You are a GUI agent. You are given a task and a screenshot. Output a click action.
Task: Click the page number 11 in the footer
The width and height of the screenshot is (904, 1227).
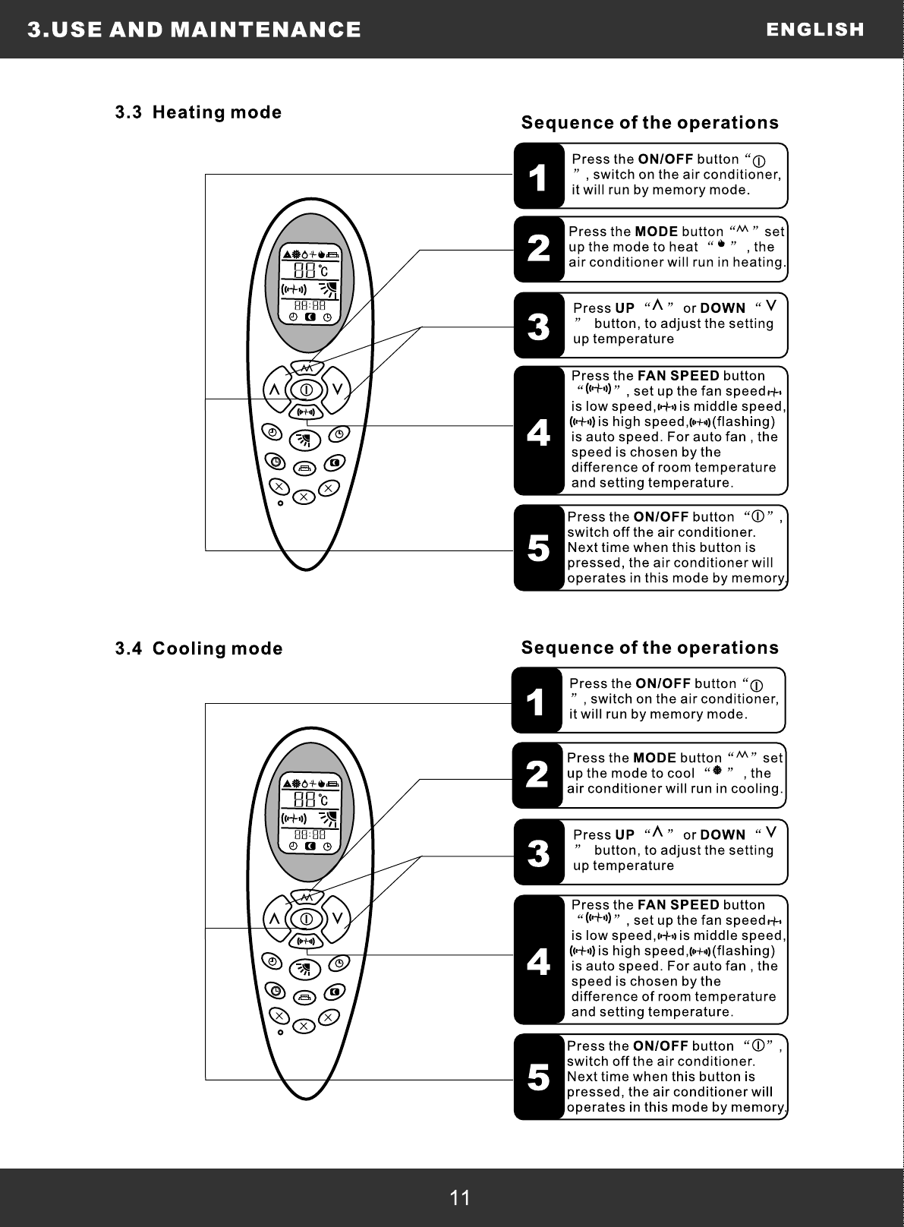click(x=460, y=1197)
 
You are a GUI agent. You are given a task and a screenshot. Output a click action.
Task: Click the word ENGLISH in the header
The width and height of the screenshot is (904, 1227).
click(x=815, y=30)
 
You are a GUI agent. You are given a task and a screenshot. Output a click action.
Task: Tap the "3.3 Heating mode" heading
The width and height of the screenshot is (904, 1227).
click(x=198, y=113)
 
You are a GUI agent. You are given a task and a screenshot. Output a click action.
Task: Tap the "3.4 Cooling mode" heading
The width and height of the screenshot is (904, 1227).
click(x=199, y=649)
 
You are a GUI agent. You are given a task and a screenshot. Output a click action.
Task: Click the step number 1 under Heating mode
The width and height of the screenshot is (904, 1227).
click(x=537, y=177)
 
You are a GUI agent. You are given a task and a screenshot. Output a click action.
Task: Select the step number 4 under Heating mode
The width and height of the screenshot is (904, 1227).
click(x=538, y=431)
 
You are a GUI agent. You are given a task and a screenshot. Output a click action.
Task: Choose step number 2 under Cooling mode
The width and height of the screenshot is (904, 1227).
click(x=537, y=775)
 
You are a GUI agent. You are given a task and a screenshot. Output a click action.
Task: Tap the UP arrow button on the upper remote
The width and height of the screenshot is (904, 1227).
click(x=273, y=390)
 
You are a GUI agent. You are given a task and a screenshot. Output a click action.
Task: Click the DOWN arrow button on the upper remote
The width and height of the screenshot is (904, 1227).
click(x=339, y=390)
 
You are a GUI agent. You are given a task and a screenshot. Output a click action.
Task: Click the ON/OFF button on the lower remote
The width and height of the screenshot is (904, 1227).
click(x=306, y=919)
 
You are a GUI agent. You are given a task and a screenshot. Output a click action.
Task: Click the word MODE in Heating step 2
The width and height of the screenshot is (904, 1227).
click(x=656, y=232)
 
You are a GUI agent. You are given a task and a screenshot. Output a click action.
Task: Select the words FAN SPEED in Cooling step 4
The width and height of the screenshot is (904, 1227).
click(x=679, y=905)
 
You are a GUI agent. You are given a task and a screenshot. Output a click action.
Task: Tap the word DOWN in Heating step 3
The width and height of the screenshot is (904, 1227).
click(x=723, y=308)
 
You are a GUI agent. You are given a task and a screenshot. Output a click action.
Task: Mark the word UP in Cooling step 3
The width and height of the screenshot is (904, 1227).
click(x=625, y=835)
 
